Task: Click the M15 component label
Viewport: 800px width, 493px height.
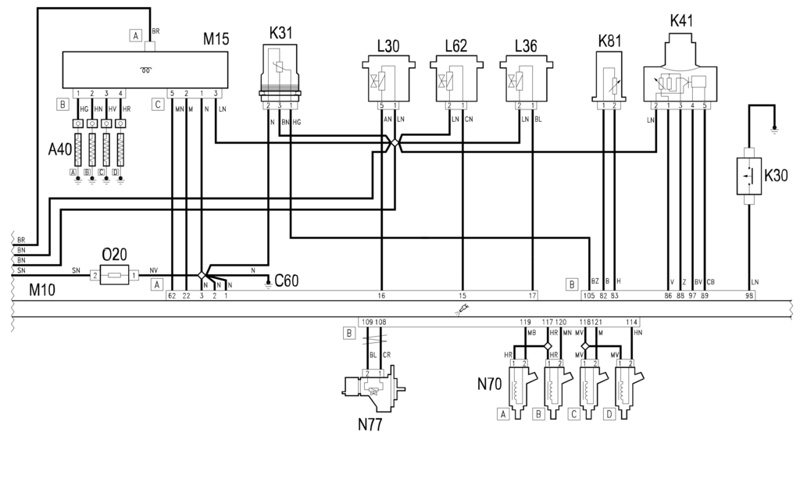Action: [216, 39]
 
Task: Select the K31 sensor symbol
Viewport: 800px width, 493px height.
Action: [280, 75]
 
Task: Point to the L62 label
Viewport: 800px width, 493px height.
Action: [456, 46]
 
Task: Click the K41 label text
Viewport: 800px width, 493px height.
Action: [681, 21]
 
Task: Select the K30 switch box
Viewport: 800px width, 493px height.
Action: [749, 176]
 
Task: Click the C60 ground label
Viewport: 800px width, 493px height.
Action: [286, 280]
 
